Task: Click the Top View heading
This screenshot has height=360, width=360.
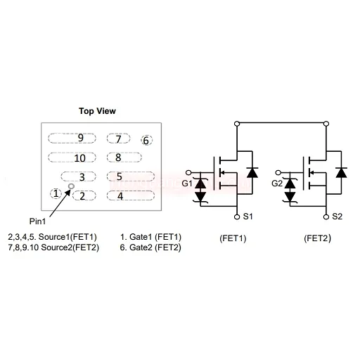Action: tap(97, 111)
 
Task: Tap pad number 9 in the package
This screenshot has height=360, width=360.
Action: tap(72, 138)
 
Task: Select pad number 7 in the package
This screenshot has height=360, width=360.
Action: tap(118, 139)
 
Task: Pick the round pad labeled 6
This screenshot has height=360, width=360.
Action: tap(146, 140)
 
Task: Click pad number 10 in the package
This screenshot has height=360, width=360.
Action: tap(72, 157)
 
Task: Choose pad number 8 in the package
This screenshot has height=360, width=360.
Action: tap(124, 157)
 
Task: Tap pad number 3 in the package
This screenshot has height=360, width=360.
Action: tap(79, 176)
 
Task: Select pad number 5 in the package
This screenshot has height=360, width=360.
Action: tap(131, 176)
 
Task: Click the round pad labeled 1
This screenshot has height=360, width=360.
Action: tap(56, 193)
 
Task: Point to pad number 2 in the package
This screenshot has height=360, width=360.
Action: tap(84, 195)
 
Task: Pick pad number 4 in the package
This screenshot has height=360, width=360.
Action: tap(131, 195)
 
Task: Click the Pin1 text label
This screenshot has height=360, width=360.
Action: tap(37, 221)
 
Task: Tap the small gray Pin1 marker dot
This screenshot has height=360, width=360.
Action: tap(71, 186)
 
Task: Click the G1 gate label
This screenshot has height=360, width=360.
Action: tap(187, 184)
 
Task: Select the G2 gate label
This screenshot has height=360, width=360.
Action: tap(277, 184)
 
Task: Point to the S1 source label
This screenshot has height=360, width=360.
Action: tap(247, 217)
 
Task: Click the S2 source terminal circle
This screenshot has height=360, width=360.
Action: tap(326, 217)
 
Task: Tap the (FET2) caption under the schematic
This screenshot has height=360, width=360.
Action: tap(317, 238)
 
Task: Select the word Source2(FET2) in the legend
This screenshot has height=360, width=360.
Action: tap(70, 247)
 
